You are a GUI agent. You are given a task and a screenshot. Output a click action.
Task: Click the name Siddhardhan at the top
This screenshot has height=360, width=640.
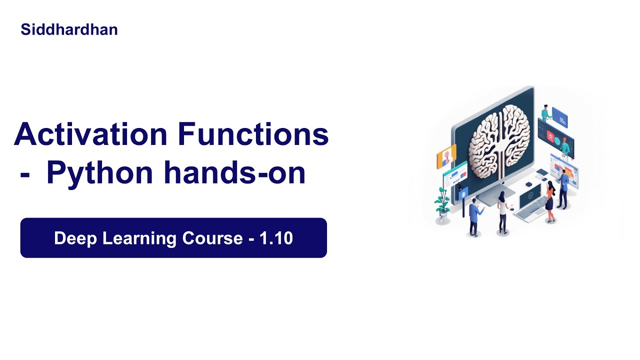pyautogui.click(x=69, y=29)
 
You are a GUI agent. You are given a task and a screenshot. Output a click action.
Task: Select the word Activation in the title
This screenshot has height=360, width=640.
pyautogui.click(x=90, y=134)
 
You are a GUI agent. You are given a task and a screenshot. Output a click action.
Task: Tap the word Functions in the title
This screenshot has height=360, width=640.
pyautogui.click(x=253, y=134)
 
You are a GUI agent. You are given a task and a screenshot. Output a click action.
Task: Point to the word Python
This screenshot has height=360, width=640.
pyautogui.click(x=99, y=173)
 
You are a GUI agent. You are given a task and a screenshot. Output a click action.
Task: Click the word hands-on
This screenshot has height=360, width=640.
pyautogui.click(x=234, y=173)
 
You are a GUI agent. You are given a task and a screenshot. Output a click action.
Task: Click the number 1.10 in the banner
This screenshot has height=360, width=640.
pyautogui.click(x=276, y=238)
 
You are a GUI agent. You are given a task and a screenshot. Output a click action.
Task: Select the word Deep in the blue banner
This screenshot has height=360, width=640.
pyautogui.click(x=75, y=238)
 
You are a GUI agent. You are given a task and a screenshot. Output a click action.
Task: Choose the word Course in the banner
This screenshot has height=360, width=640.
pyautogui.click(x=212, y=238)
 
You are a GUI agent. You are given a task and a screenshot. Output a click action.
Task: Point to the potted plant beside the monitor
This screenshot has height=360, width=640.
pyautogui.click(x=442, y=202)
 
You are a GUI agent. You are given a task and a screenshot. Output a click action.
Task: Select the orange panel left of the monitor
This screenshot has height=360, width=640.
pyautogui.click(x=446, y=156)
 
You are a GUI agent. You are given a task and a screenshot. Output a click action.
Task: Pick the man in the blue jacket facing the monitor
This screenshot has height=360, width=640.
pyautogui.click(x=474, y=215)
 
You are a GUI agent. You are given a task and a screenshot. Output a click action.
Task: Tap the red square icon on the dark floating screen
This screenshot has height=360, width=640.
pyautogui.click(x=550, y=135)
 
